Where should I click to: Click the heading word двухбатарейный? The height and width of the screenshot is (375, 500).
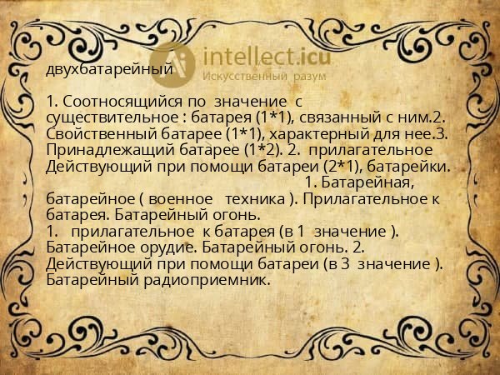(x=109, y=69)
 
